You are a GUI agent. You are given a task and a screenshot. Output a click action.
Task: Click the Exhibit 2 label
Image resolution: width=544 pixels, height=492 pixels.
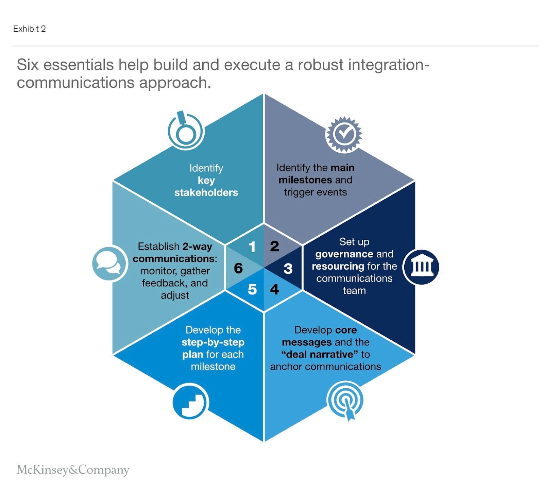[29, 29]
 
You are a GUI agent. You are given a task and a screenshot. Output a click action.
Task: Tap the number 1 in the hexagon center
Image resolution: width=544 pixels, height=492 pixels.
[252, 247]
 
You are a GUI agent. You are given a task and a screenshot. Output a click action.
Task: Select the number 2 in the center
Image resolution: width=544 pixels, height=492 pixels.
[274, 246]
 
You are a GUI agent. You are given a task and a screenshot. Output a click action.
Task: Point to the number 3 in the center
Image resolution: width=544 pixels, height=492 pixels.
[288, 269]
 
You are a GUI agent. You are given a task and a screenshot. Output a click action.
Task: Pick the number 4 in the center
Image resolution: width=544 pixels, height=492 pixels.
[274, 289]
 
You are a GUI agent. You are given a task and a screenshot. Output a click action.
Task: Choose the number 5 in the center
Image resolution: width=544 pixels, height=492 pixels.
[252, 289]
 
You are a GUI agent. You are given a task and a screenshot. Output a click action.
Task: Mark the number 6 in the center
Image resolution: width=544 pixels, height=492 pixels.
[238, 268]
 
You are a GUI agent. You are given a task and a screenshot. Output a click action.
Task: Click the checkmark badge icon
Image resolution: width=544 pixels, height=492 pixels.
[344, 134]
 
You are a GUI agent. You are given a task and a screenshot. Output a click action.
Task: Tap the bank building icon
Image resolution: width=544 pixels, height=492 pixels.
[421, 267]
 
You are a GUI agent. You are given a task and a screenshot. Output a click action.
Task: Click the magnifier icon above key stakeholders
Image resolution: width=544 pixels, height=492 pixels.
[185, 131]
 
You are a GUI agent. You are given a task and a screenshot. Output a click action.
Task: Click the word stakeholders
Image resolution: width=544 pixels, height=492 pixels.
[206, 192]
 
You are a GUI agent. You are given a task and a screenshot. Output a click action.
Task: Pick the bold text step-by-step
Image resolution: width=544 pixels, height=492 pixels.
[213, 342]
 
